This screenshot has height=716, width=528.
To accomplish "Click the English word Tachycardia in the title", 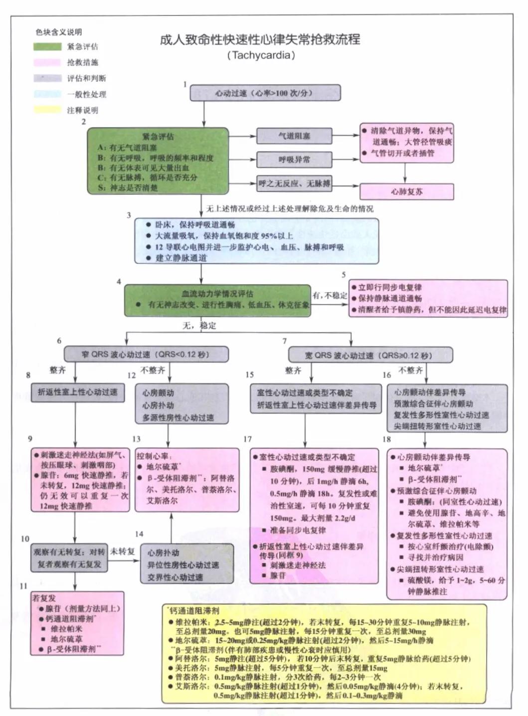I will [261, 55].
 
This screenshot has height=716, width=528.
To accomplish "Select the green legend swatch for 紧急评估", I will [47, 47].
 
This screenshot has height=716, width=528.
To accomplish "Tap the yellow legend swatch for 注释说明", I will [47, 110].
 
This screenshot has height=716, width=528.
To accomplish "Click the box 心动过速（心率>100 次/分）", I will [265, 93].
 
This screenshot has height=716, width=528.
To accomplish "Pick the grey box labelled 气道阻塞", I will [294, 136].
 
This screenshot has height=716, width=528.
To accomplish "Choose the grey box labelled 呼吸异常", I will [294, 160].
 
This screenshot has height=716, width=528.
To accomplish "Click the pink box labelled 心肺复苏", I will [406, 191].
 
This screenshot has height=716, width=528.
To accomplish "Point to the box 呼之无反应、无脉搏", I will [294, 183].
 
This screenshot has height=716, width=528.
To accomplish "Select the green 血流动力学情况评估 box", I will [217, 300].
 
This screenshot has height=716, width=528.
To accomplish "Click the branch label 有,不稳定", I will [330, 295].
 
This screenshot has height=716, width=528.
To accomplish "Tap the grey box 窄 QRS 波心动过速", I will [146, 355].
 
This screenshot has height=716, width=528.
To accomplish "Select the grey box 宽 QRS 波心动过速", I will [370, 356].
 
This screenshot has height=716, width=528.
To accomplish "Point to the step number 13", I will [136, 439].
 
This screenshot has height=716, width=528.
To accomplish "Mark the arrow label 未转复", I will [123, 551].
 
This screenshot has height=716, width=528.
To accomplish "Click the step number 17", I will [247, 439].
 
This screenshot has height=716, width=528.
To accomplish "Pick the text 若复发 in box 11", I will [44, 598].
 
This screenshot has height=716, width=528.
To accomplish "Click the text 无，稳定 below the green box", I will [199, 326].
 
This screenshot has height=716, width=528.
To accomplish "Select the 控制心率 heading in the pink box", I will [154, 456].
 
